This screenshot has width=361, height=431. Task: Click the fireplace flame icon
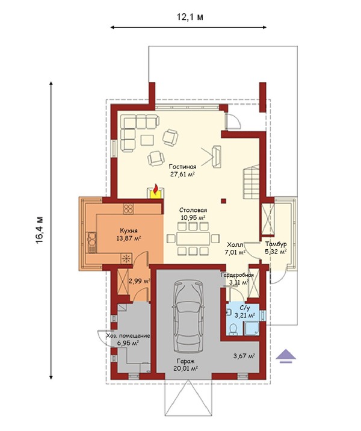tap(155, 190)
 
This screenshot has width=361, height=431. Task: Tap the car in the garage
tap(188, 315)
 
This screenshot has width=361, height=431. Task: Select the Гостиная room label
tap(182, 167)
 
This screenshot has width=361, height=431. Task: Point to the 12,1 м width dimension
tap(190, 17)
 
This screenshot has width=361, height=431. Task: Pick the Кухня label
tap(129, 231)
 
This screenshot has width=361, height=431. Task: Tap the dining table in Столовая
tap(193, 238)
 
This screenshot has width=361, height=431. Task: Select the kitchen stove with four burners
tap(128, 209)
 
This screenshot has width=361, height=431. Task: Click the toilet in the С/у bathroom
tap(234, 329)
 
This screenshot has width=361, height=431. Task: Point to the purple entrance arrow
tap(286, 356)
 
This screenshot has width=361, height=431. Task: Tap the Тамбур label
tap(276, 244)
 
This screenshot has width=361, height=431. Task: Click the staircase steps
tap(251, 182)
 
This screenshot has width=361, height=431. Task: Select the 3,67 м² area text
tap(244, 356)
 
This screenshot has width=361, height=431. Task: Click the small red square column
tap(224, 201)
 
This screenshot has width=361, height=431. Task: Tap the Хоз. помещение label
tap(128, 336)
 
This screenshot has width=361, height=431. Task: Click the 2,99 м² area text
tap(140, 281)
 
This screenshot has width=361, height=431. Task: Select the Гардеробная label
tap(237, 275)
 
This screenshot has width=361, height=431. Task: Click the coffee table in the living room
tap(147, 140)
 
